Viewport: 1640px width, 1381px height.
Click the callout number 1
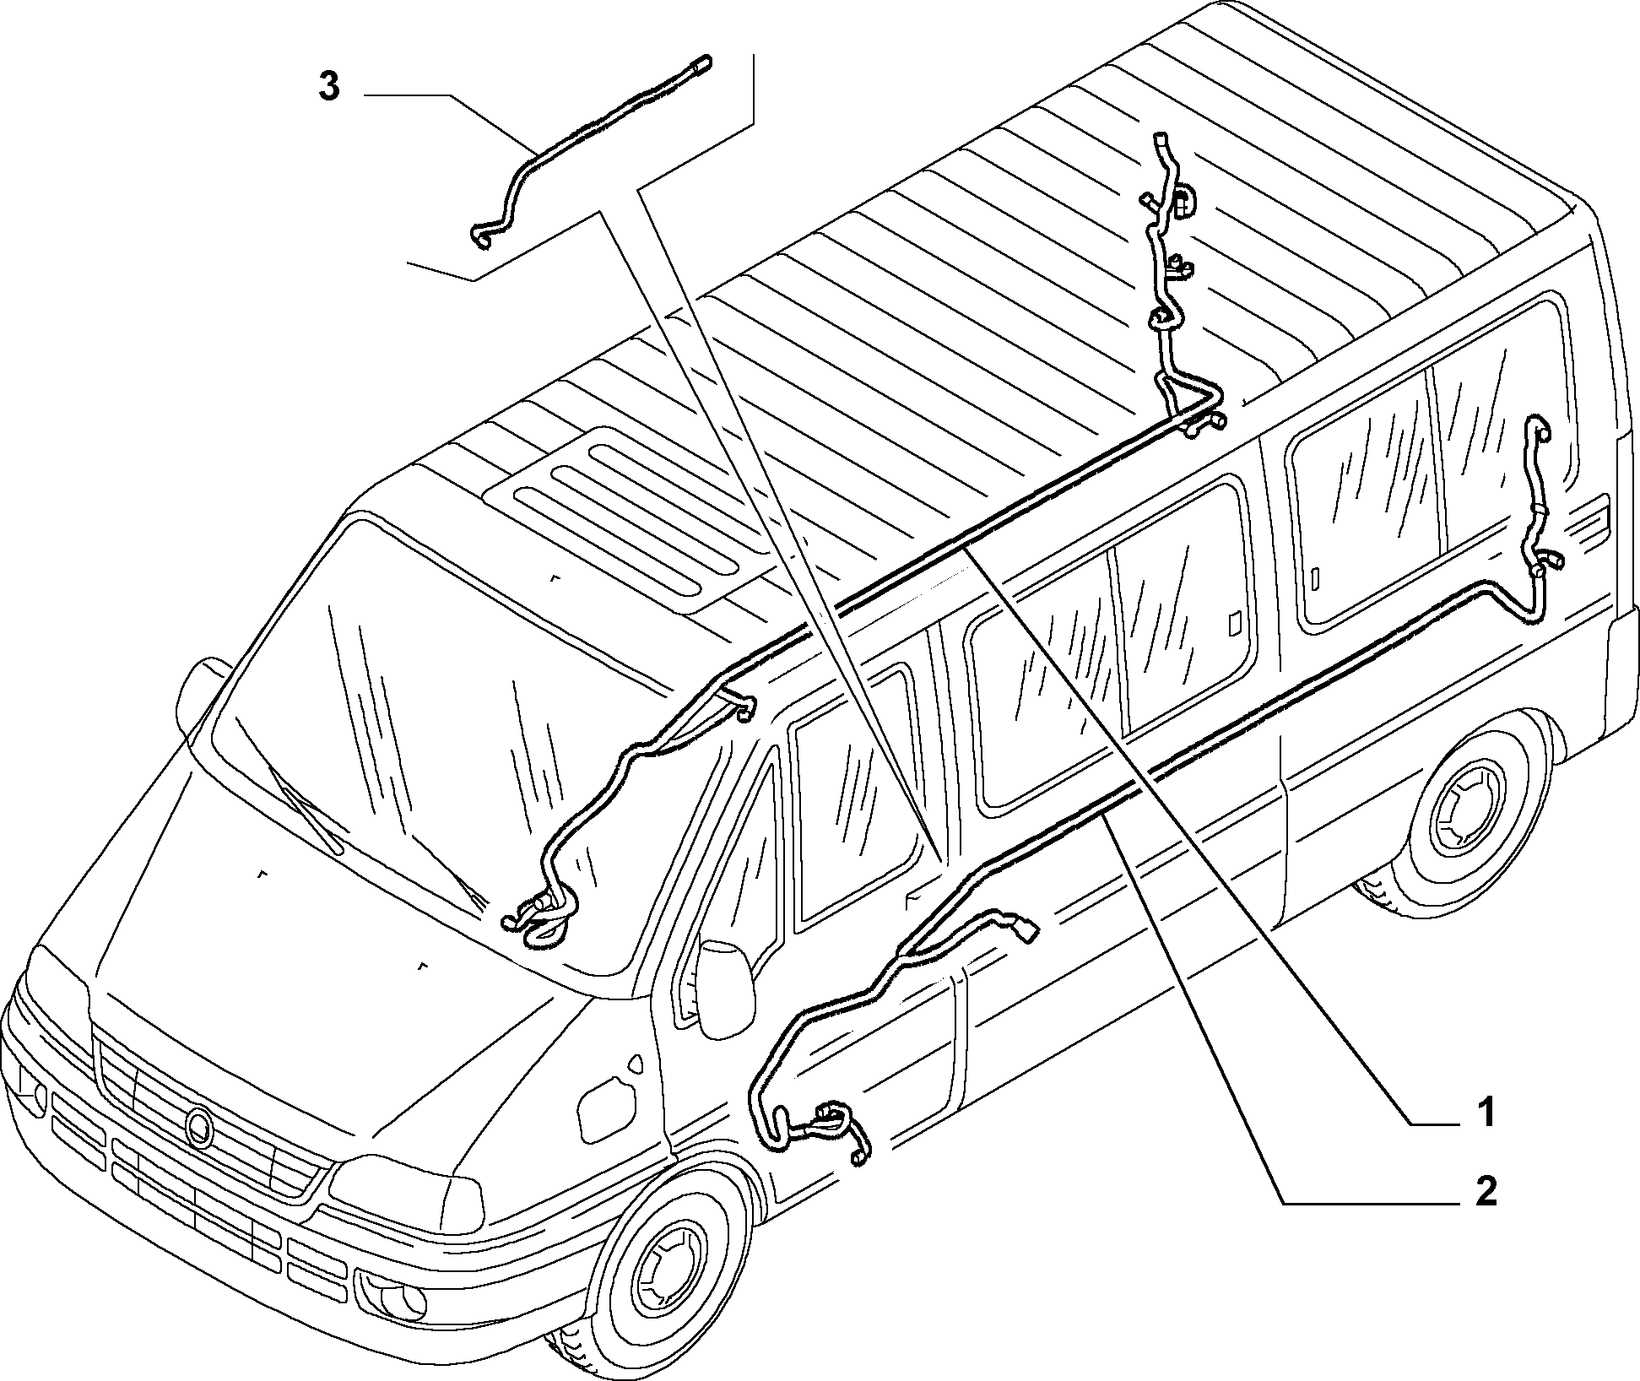coord(1486,1112)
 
